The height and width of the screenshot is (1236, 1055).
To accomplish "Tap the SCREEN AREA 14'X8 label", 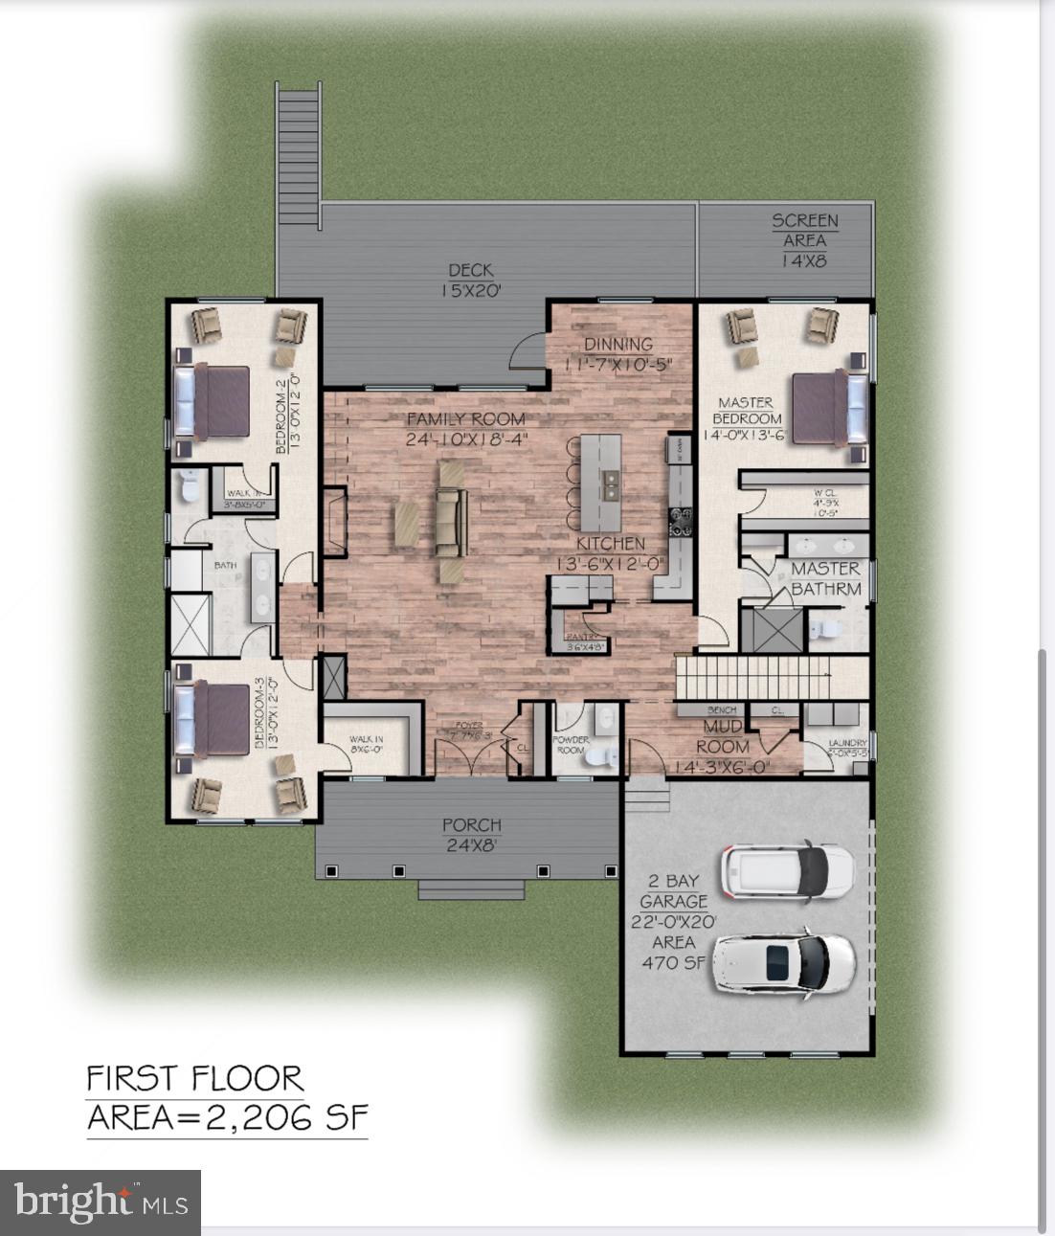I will coord(805,239).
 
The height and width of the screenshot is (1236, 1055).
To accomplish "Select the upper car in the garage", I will coord(788,871).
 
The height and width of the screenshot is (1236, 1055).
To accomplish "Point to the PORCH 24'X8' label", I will coord(471,834).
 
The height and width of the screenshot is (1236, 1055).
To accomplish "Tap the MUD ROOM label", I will coord(723,737).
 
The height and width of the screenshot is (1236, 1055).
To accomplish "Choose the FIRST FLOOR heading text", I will coord(195,1079).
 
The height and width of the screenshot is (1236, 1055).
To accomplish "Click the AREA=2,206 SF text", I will coord(227,1117).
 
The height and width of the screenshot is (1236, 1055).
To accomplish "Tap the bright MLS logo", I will coord(101,1202).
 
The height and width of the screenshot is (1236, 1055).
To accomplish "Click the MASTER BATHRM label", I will coord(825,578).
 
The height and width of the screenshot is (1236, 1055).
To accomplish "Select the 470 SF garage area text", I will coord(673,963).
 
